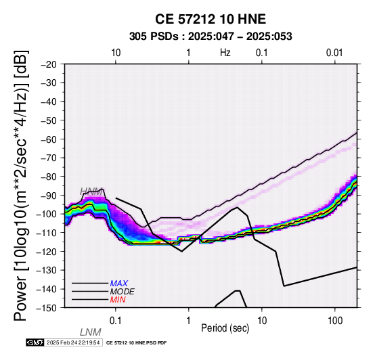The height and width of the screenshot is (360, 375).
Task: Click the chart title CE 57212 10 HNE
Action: pyautogui.click(x=211, y=19)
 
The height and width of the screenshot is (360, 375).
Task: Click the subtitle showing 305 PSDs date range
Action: pyautogui.click(x=211, y=37)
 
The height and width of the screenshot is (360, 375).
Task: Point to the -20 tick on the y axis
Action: pyautogui.click(x=49, y=64)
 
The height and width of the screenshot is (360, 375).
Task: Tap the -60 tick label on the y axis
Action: pyautogui.click(x=49, y=139)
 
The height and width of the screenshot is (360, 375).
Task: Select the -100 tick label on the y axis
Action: pyautogui.click(x=46, y=214)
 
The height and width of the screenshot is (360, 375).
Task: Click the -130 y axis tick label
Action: pyautogui.click(x=46, y=270)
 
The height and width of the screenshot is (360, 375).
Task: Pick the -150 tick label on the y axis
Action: pyautogui.click(x=46, y=308)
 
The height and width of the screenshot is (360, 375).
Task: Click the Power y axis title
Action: pyautogui.click(x=21, y=185)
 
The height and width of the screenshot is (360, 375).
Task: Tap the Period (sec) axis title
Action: pyautogui.click(x=225, y=328)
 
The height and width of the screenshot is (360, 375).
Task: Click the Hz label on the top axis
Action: pyautogui.click(x=225, y=53)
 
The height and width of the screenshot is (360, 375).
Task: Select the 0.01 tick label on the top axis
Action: pyautogui.click(x=334, y=53)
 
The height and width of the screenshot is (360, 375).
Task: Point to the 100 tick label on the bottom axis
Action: pyautogui.click(x=335, y=321)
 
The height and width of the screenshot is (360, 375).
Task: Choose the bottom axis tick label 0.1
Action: pyautogui.click(x=115, y=321)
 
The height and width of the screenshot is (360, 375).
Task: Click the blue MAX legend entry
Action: pyautogui.click(x=119, y=284)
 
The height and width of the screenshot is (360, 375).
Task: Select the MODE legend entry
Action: pyautogui.click(x=123, y=292)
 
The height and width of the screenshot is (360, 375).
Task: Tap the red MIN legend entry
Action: pyautogui.click(x=118, y=300)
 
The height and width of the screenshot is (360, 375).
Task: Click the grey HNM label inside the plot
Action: pyautogui.click(x=91, y=192)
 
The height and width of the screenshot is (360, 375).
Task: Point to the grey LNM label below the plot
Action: pyautogui.click(x=91, y=332)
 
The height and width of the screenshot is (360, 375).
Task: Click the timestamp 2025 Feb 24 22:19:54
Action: pyautogui.click(x=73, y=342)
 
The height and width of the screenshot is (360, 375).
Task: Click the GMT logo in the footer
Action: pyautogui.click(x=35, y=342)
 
